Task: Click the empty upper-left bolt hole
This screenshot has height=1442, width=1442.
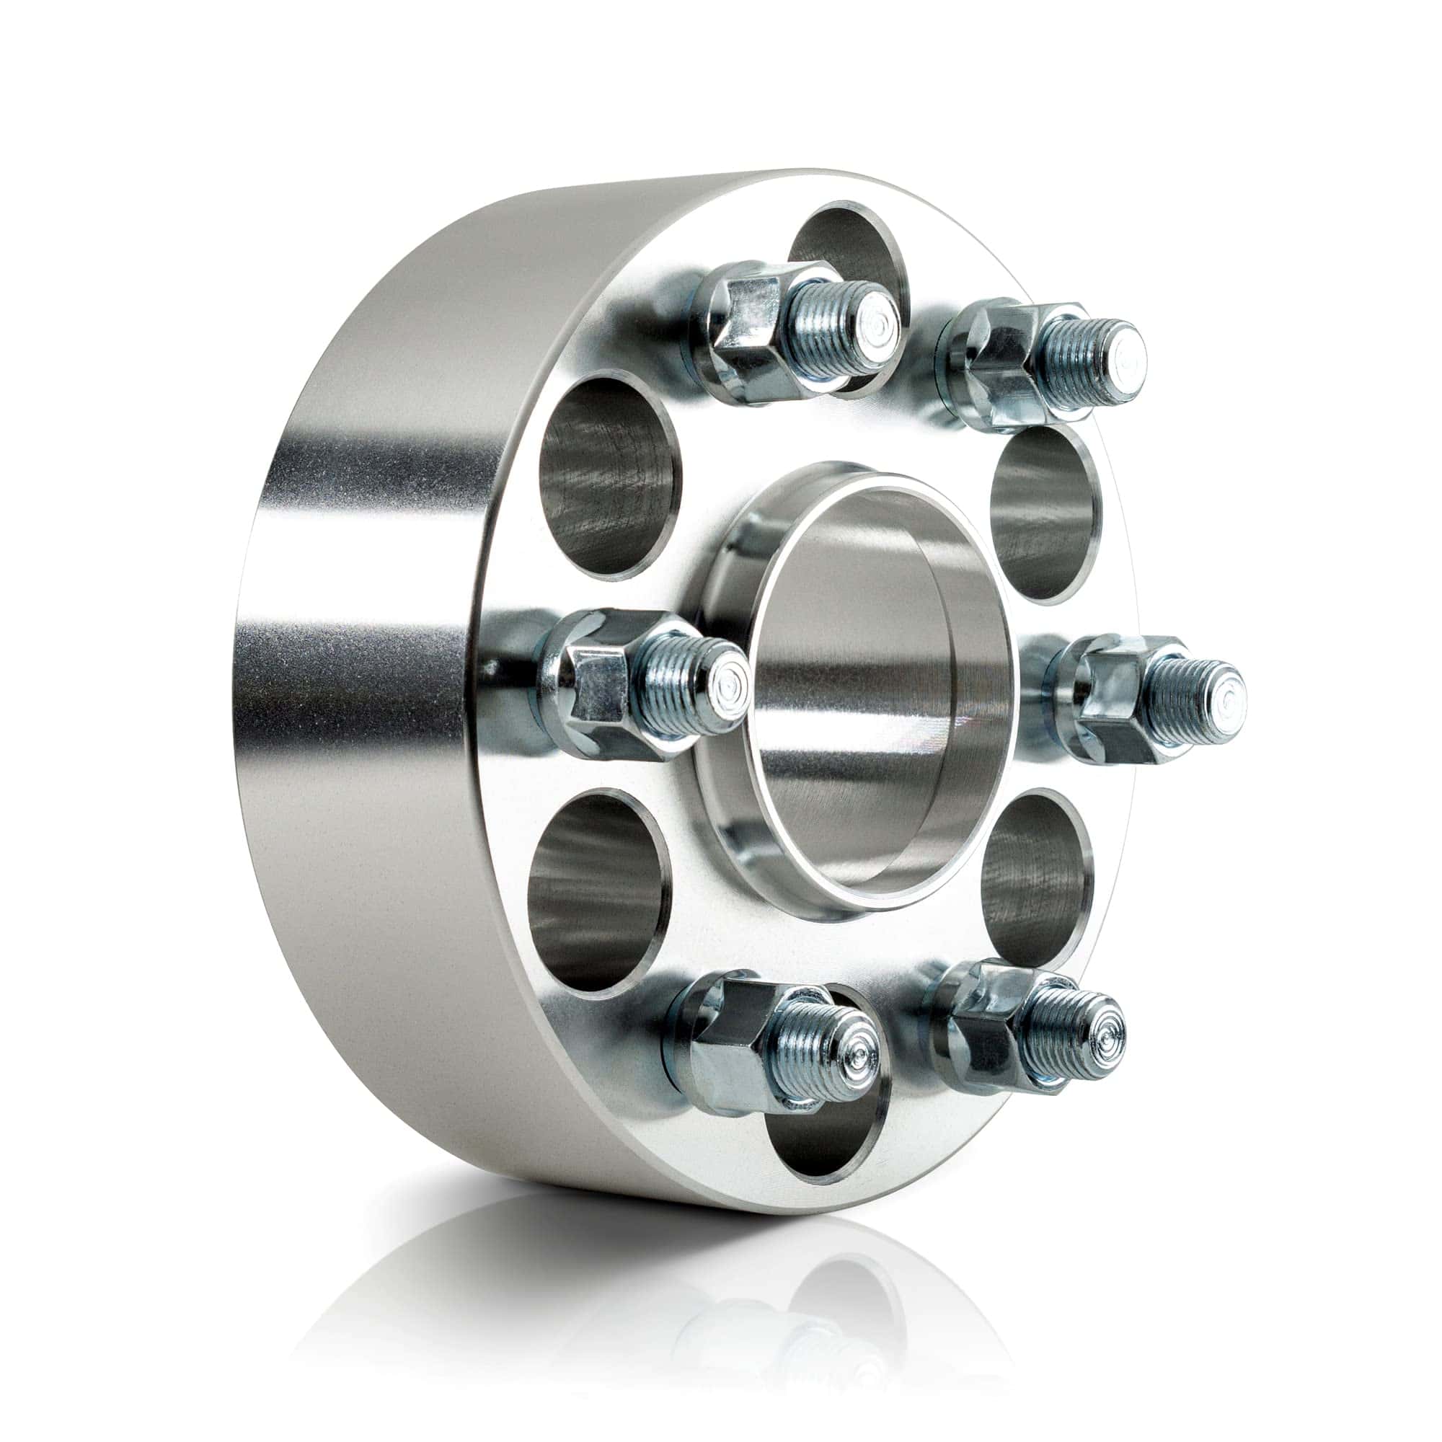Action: point(609,478)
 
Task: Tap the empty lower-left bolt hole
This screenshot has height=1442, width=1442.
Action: point(593,892)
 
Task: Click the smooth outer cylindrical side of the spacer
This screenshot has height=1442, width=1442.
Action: point(358,672)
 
